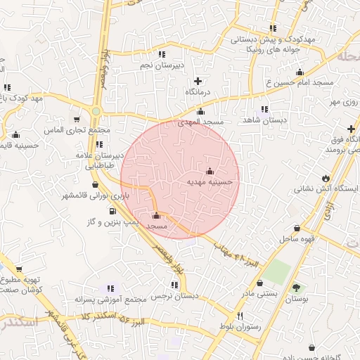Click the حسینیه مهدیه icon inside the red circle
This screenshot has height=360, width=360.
click(x=209, y=171)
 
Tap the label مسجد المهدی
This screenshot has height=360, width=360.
click(x=200, y=122)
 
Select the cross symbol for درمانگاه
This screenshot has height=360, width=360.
click(x=198, y=81)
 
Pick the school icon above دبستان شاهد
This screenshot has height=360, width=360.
click(x=264, y=109)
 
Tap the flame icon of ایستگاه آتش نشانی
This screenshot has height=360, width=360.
click(x=326, y=176)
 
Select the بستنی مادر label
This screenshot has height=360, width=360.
click(x=262, y=292)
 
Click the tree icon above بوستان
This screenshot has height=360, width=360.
click(x=296, y=288)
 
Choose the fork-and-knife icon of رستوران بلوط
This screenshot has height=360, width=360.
click(x=240, y=316)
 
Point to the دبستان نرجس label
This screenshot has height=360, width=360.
click(x=173, y=297)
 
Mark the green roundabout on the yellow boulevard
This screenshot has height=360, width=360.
click(x=96, y=111)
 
